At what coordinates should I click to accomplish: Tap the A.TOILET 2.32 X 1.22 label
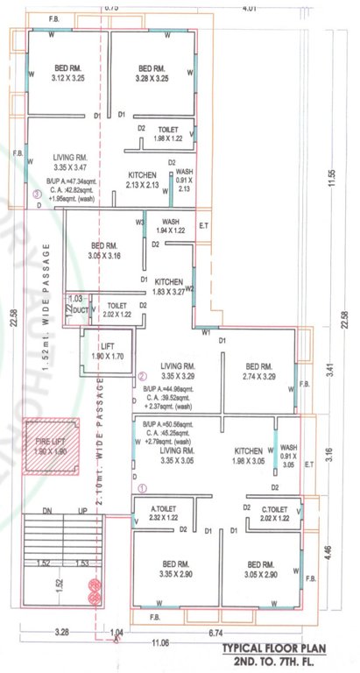tap(165, 514)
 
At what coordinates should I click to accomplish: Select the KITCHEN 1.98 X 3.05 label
tap(249, 455)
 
